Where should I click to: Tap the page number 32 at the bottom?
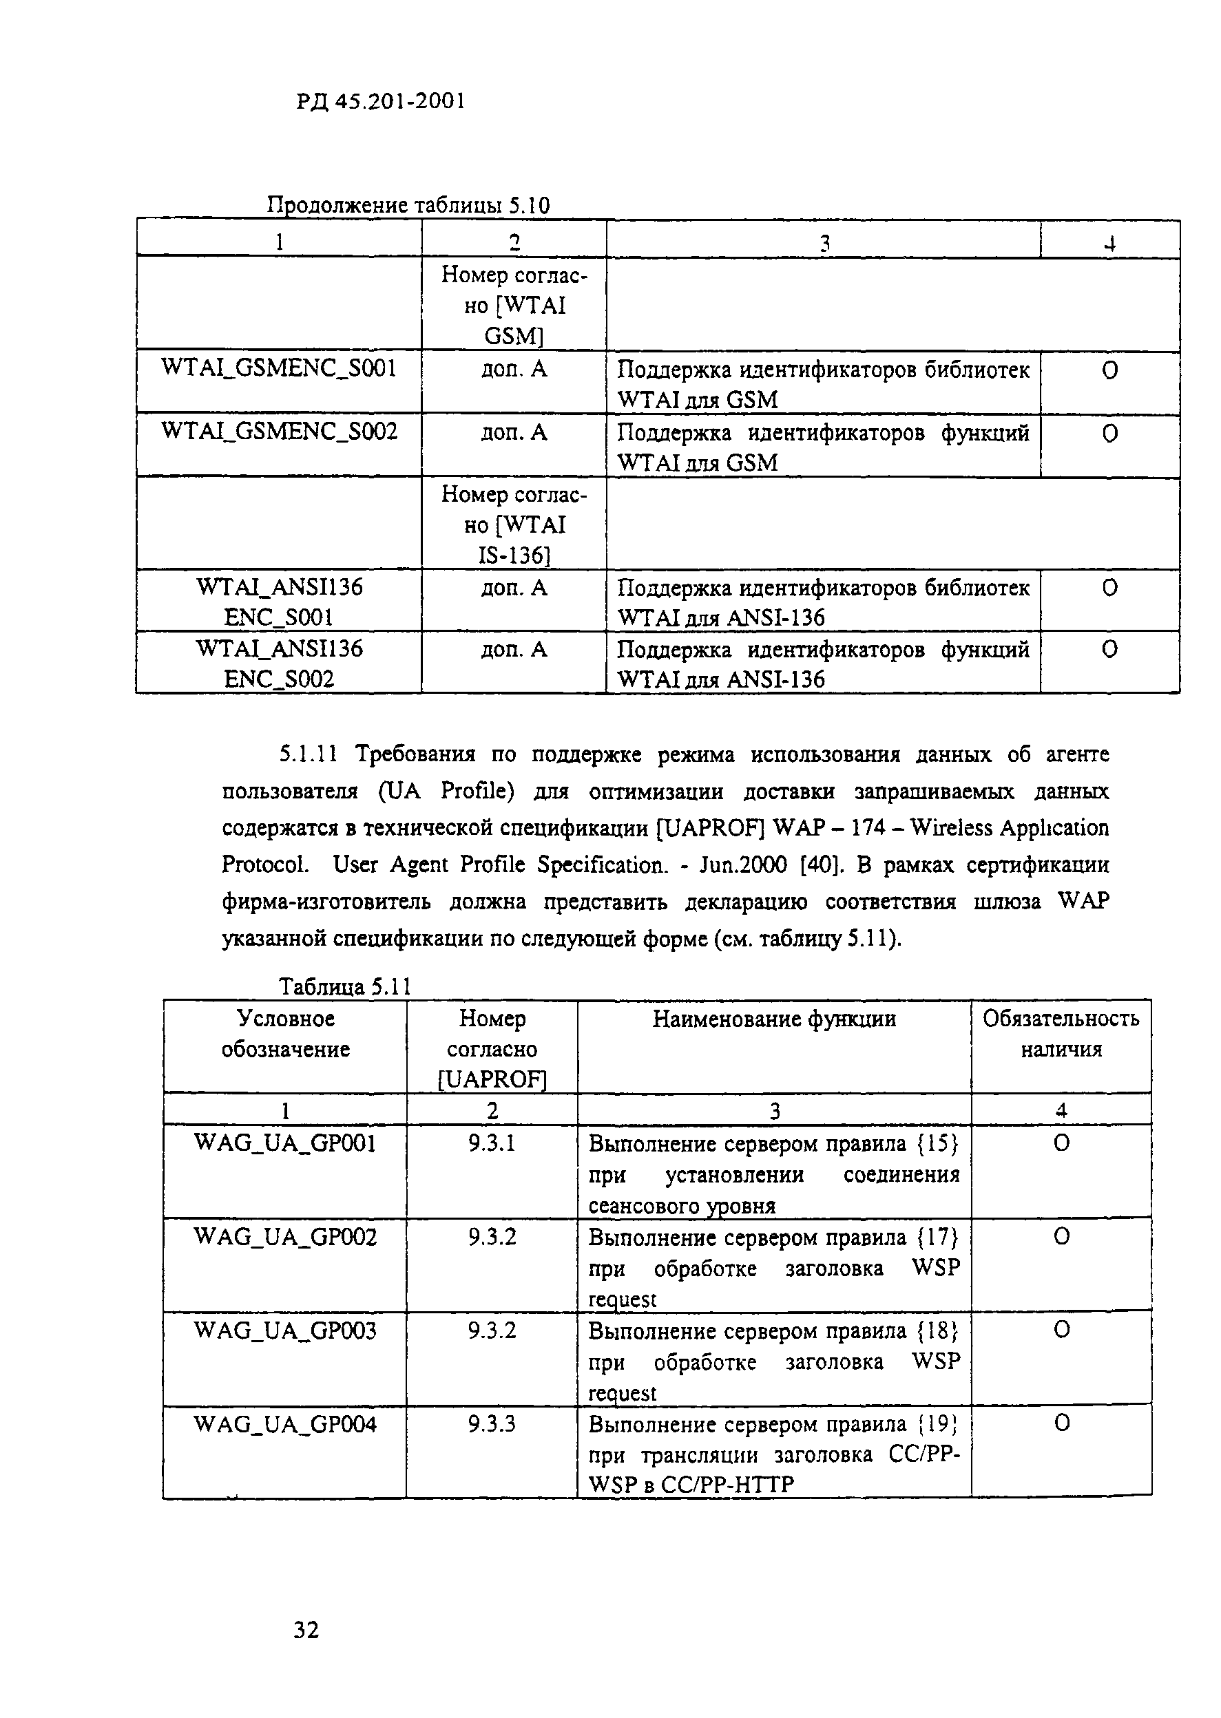(x=306, y=1629)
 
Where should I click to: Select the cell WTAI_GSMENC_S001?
(x=278, y=368)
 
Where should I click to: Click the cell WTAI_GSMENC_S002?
(x=278, y=432)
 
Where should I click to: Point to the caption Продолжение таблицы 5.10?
(x=408, y=205)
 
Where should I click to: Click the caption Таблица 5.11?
(x=345, y=986)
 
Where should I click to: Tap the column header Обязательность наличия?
(x=1060, y=1033)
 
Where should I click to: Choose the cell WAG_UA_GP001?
(x=285, y=1143)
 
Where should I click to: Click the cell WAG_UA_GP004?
(x=285, y=1424)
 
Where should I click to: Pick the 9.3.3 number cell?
(x=492, y=1424)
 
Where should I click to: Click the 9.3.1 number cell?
(x=492, y=1143)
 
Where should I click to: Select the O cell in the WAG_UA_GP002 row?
(x=1061, y=1237)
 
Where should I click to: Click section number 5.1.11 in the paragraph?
(x=309, y=754)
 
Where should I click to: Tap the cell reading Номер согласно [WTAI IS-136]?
(x=514, y=524)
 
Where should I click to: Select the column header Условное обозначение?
(x=285, y=1033)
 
